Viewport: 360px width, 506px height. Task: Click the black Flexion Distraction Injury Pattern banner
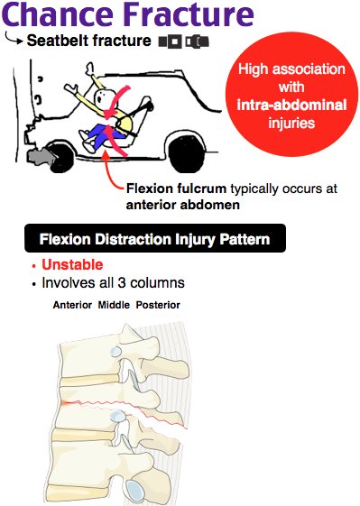click(x=154, y=239)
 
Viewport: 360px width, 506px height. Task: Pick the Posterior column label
click(x=158, y=305)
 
